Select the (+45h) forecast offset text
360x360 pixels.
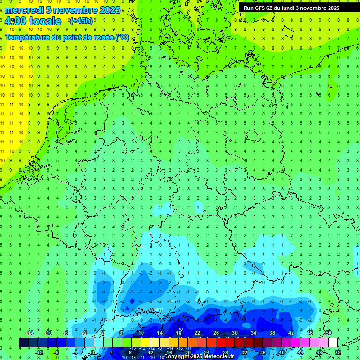point(81,21)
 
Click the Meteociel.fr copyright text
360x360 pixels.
point(199,356)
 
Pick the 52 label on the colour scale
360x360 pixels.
point(337,352)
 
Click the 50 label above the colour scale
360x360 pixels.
point(328,333)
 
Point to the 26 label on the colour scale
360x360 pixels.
point(216,333)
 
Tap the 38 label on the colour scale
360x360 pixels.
point(272,333)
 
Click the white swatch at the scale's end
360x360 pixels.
point(333,343)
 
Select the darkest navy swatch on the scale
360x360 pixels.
point(23,343)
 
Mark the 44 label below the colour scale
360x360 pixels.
point(300,352)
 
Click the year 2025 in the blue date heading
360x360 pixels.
point(110,10)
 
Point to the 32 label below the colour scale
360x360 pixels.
point(244,352)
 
